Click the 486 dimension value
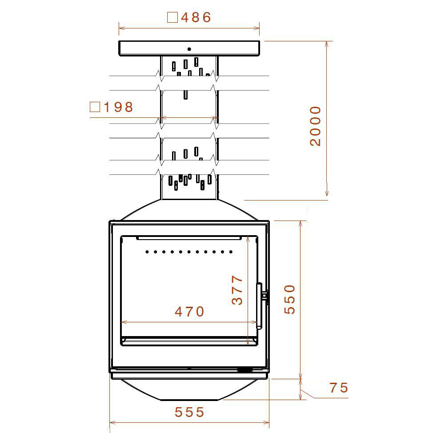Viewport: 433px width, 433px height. [196, 17]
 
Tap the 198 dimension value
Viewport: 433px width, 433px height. [118, 107]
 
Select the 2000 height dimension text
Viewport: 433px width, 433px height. [315, 126]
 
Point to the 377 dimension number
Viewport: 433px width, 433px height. [237, 290]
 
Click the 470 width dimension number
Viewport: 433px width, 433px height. [189, 312]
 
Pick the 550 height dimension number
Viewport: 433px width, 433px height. [290, 300]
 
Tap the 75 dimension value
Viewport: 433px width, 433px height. [339, 388]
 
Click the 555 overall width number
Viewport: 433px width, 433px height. [189, 412]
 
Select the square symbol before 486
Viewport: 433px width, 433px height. [172, 17]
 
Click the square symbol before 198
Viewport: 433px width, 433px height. [95, 107]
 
